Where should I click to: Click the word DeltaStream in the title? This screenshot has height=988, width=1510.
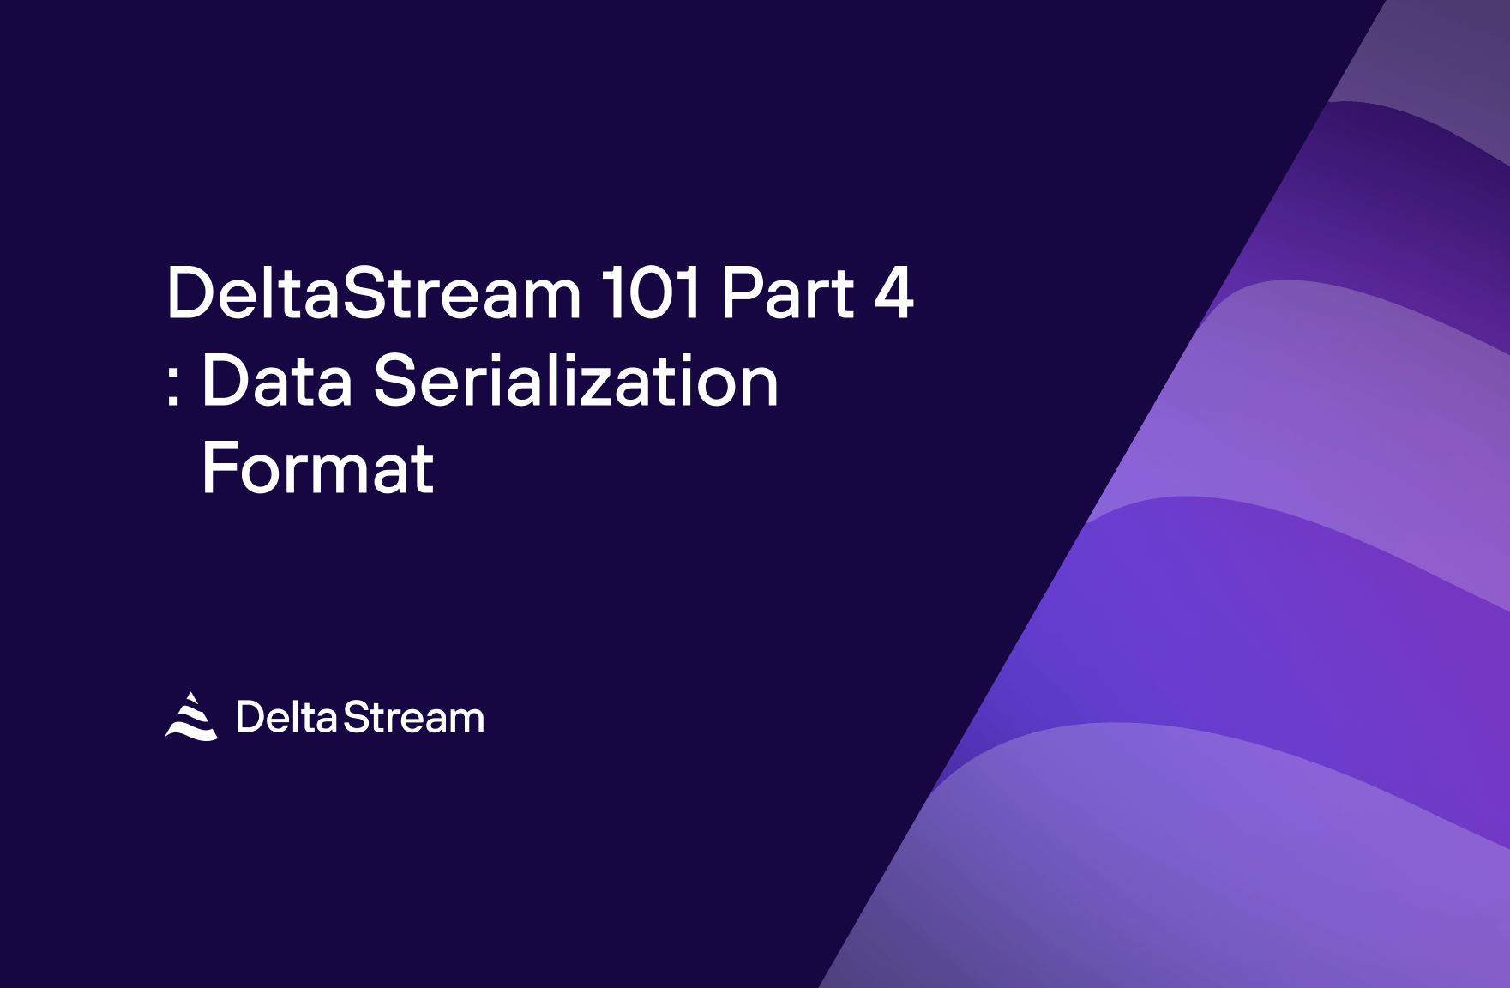pyautogui.click(x=374, y=293)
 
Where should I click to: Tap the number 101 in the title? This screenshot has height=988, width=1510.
pyautogui.click(x=651, y=293)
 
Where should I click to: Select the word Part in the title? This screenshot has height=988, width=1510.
pyautogui.click(x=787, y=293)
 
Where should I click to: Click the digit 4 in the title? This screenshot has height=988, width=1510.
pyautogui.click(x=893, y=293)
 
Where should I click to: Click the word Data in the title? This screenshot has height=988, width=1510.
pyautogui.click(x=276, y=382)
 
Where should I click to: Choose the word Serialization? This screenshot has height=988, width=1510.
pyautogui.click(x=575, y=382)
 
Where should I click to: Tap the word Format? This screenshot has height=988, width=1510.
pyautogui.click(x=317, y=469)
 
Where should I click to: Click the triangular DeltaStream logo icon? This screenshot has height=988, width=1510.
pyautogui.click(x=191, y=717)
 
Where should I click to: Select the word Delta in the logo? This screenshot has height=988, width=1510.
pyautogui.click(x=286, y=718)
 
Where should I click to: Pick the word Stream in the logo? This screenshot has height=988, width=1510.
pyautogui.click(x=413, y=718)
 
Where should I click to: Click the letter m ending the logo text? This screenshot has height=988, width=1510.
pyautogui.click(x=466, y=720)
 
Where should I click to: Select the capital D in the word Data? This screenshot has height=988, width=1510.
pyautogui.click(x=221, y=381)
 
